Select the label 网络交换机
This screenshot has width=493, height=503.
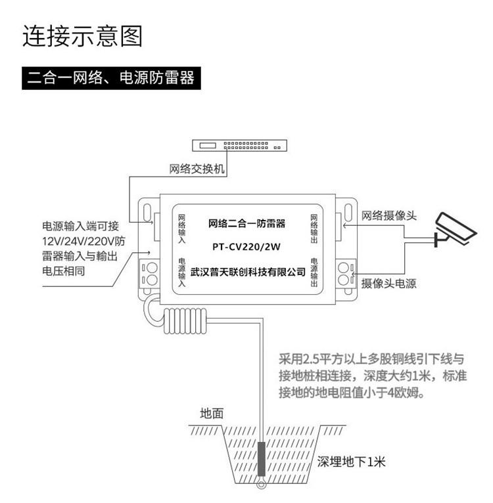click(x=197, y=169)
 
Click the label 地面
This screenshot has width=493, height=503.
click(x=212, y=414)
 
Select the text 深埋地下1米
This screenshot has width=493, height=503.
click(x=350, y=462)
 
